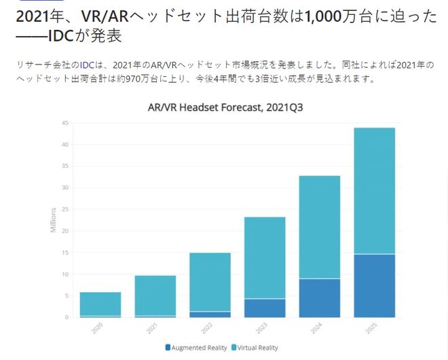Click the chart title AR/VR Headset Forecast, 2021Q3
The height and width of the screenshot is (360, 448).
[224, 107]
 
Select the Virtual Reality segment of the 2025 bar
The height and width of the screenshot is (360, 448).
[374, 190]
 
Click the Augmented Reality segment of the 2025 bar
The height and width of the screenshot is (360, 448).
[374, 285]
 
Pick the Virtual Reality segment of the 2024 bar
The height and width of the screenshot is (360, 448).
[319, 227]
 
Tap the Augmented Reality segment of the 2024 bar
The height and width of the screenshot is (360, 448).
[319, 298]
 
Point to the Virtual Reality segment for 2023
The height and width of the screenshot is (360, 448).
[265, 257]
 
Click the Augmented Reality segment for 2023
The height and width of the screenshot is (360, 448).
[265, 308]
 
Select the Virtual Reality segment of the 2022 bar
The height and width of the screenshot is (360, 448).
[210, 282]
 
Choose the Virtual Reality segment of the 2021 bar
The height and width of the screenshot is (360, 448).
[155, 295]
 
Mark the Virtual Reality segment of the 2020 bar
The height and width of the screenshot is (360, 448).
[100, 304]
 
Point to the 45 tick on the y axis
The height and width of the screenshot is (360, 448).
[65, 123]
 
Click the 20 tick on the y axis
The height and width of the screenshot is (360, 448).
[65, 231]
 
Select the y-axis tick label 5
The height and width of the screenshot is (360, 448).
[67, 295]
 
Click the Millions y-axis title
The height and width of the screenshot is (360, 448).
[54, 220]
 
